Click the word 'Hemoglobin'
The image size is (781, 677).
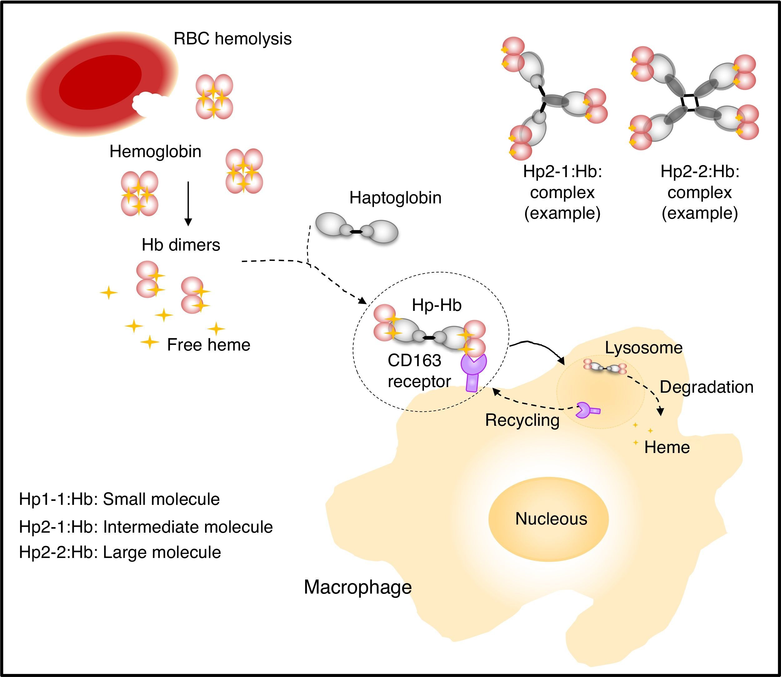point(155,152)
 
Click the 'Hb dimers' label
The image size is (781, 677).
point(181,245)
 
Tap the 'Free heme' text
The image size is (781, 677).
point(209,345)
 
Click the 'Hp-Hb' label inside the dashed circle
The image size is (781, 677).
point(436,305)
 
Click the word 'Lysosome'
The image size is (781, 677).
point(644,348)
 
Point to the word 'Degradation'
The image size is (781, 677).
point(706,387)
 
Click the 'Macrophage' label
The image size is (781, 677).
point(357,587)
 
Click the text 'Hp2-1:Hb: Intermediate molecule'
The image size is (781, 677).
point(146,527)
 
